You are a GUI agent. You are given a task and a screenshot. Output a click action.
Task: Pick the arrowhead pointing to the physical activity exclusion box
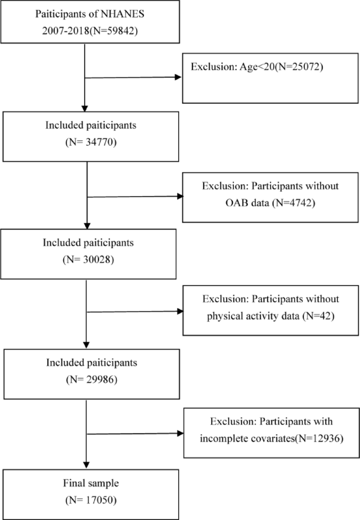pos(179,312)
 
